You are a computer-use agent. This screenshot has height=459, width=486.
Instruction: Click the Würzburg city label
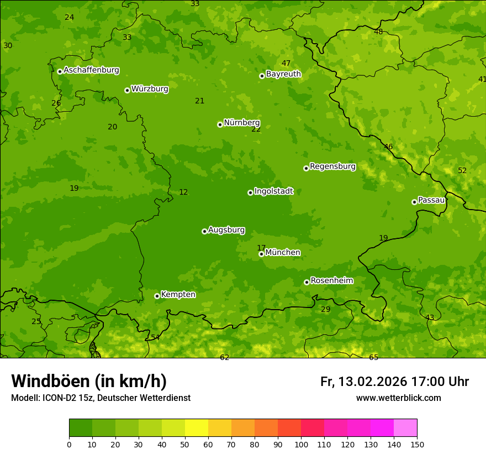[150, 88]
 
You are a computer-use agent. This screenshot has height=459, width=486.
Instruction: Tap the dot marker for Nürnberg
[220, 124]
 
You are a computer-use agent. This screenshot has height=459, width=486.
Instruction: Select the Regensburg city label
[332, 166]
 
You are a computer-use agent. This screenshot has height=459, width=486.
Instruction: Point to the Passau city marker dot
[414, 202]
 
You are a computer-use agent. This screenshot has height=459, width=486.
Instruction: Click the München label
[283, 252]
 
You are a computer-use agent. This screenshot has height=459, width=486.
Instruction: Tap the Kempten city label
[178, 294]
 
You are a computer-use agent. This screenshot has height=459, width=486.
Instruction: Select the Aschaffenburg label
[91, 70]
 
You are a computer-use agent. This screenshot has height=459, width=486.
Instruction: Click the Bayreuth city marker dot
[262, 76]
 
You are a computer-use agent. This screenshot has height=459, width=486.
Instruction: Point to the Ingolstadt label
[273, 191]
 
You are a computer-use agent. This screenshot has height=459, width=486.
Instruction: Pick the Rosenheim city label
[331, 280]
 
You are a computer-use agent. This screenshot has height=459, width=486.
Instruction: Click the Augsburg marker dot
[204, 231]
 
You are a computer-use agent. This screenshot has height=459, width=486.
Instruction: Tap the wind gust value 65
[374, 357]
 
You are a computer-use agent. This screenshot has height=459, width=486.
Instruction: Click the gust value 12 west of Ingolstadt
[183, 192]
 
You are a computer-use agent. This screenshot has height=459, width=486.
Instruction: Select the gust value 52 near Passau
[462, 170]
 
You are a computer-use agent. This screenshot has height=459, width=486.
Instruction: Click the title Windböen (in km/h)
[89, 381]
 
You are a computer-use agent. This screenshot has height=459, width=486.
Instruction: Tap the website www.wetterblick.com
[398, 398]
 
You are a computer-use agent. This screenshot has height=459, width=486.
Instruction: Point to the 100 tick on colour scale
[301, 444]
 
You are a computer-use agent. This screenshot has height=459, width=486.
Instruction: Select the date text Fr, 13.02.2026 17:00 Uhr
[394, 382]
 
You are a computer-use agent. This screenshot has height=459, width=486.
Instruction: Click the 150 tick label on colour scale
[417, 444]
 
